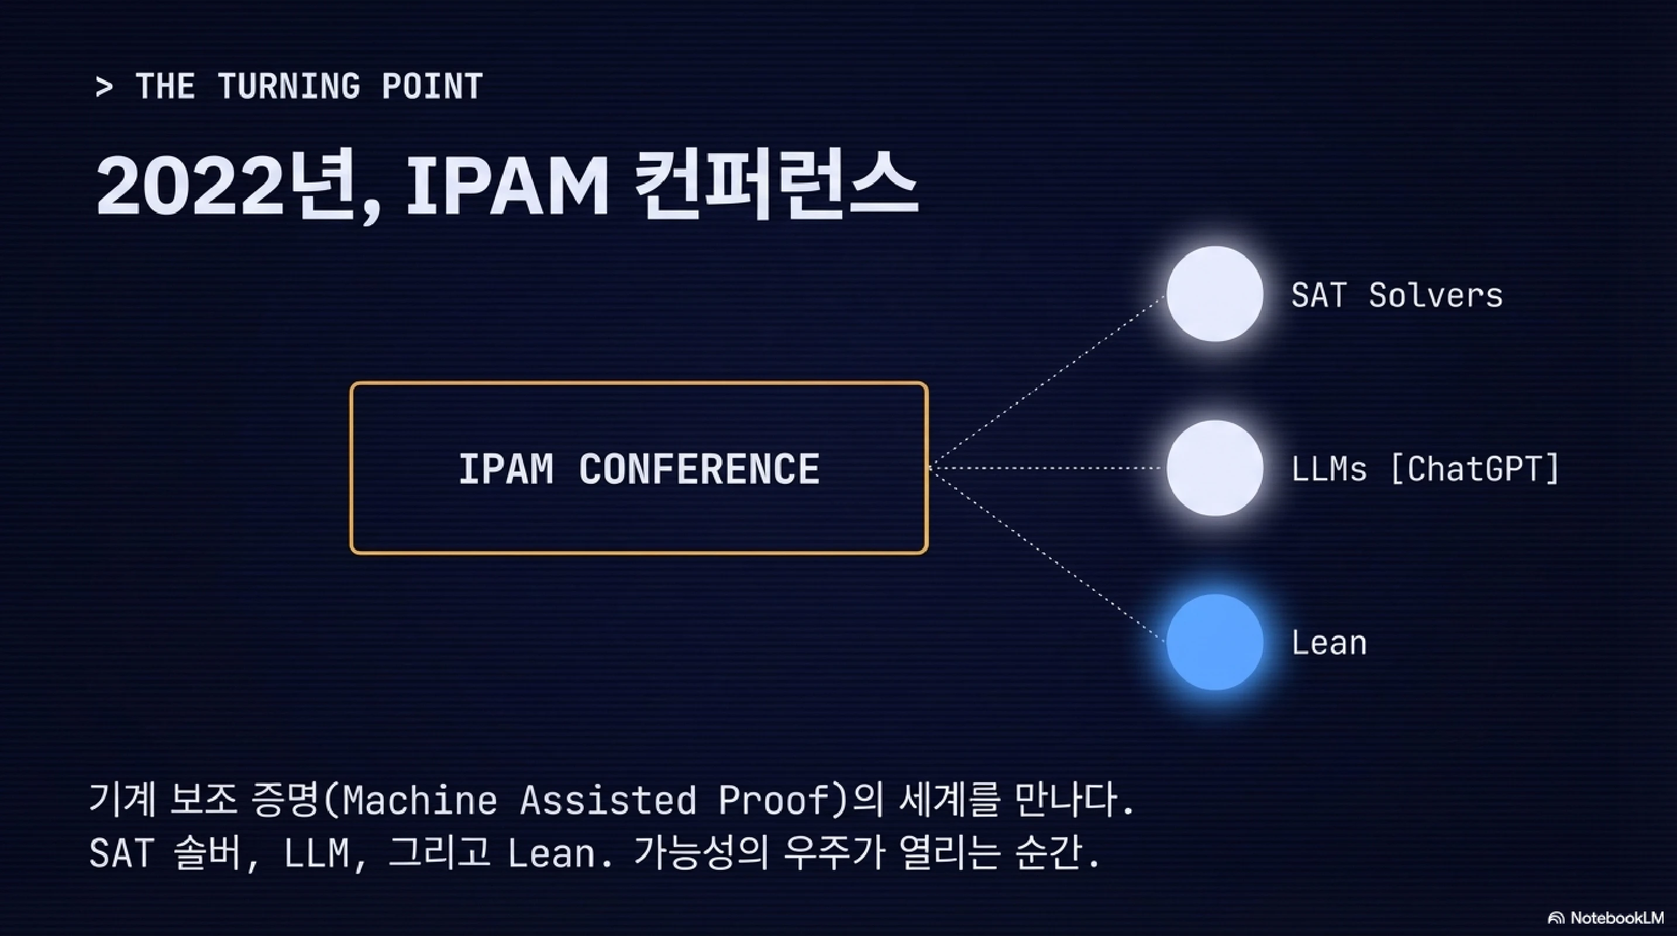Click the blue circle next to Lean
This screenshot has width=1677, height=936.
(1215, 642)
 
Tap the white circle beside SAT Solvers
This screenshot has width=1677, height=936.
(1215, 294)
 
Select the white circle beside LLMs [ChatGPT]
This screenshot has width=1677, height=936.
(1215, 468)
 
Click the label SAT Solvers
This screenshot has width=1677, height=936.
(1396, 295)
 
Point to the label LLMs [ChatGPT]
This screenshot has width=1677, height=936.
(1425, 469)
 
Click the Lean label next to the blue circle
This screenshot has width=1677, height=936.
(1329, 643)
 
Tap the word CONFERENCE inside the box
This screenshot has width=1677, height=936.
(698, 469)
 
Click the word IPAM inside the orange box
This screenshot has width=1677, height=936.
(506, 469)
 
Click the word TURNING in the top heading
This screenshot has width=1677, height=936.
(288, 87)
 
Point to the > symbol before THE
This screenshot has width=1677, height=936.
(104, 87)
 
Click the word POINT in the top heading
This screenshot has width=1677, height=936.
(432, 87)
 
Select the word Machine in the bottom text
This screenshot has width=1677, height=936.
(420, 800)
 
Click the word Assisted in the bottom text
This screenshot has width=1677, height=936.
(608, 800)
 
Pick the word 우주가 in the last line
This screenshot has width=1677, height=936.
(834, 853)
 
